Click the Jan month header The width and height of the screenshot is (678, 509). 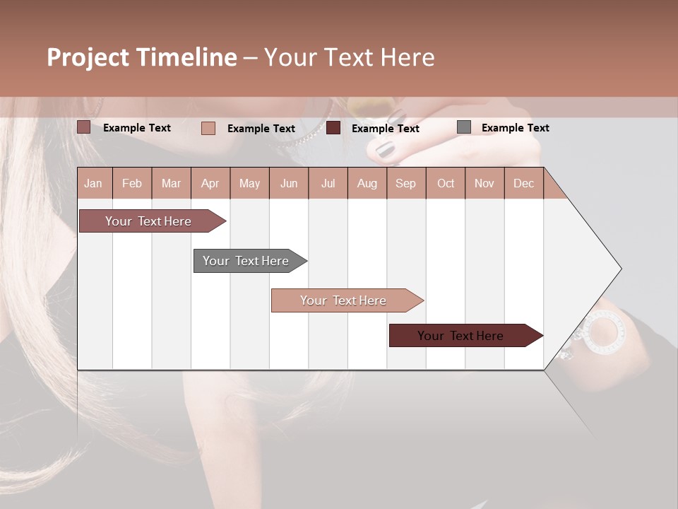pos(93,183)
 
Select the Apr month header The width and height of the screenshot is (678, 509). pos(210,183)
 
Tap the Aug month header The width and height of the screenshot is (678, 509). pos(367,183)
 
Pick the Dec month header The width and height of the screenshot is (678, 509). pos(523,183)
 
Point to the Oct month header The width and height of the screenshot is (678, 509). pos(446,183)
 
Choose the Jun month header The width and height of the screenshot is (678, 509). pos(289,183)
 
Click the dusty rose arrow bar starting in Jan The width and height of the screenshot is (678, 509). pos(149,221)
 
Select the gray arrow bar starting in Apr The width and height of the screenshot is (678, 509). pos(246,261)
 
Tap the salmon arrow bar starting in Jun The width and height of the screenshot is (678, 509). pos(344,300)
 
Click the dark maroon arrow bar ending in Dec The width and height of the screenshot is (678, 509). pos(461,336)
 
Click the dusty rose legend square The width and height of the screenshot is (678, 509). pos(84,127)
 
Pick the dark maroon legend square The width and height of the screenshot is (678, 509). pos(333,128)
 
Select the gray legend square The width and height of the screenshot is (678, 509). pos(463,127)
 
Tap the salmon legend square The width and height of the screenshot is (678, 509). pos(208,128)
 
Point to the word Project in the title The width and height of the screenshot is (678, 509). pos(88,57)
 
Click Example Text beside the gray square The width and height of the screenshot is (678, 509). pos(515,128)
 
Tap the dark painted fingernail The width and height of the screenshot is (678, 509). pos(385,149)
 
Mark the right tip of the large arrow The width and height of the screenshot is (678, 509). pos(621,269)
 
